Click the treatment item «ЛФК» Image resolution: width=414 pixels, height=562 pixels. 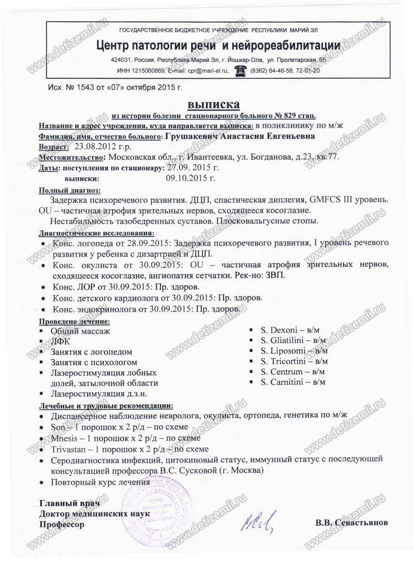[60, 341]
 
